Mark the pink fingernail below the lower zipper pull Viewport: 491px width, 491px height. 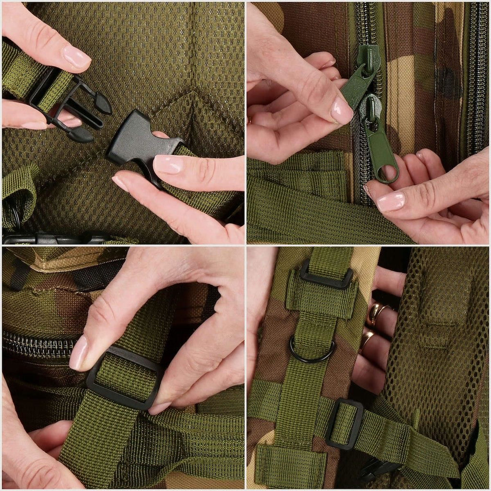coord(390,201)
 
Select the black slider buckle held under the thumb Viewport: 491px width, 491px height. coord(123,379)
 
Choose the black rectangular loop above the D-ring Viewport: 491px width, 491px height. coord(326,276)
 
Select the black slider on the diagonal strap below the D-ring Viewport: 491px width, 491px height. coord(344,424)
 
